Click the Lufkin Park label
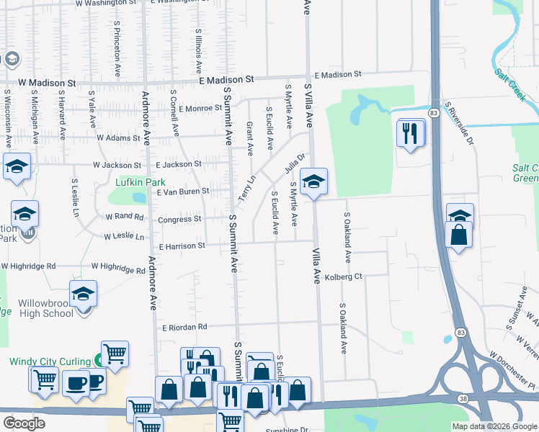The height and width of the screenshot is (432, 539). pos(140,183)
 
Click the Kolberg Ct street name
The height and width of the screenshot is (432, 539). pos(343,277)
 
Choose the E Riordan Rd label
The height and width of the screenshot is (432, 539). pos(184,326)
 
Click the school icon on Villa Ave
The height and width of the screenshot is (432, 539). pos(313,182)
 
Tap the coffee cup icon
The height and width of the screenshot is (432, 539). pos(76,382)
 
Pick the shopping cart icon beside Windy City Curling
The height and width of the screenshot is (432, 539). pos(115,354)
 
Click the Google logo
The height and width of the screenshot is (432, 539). pos(24,423)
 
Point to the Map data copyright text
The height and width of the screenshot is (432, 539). pos(494,426)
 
